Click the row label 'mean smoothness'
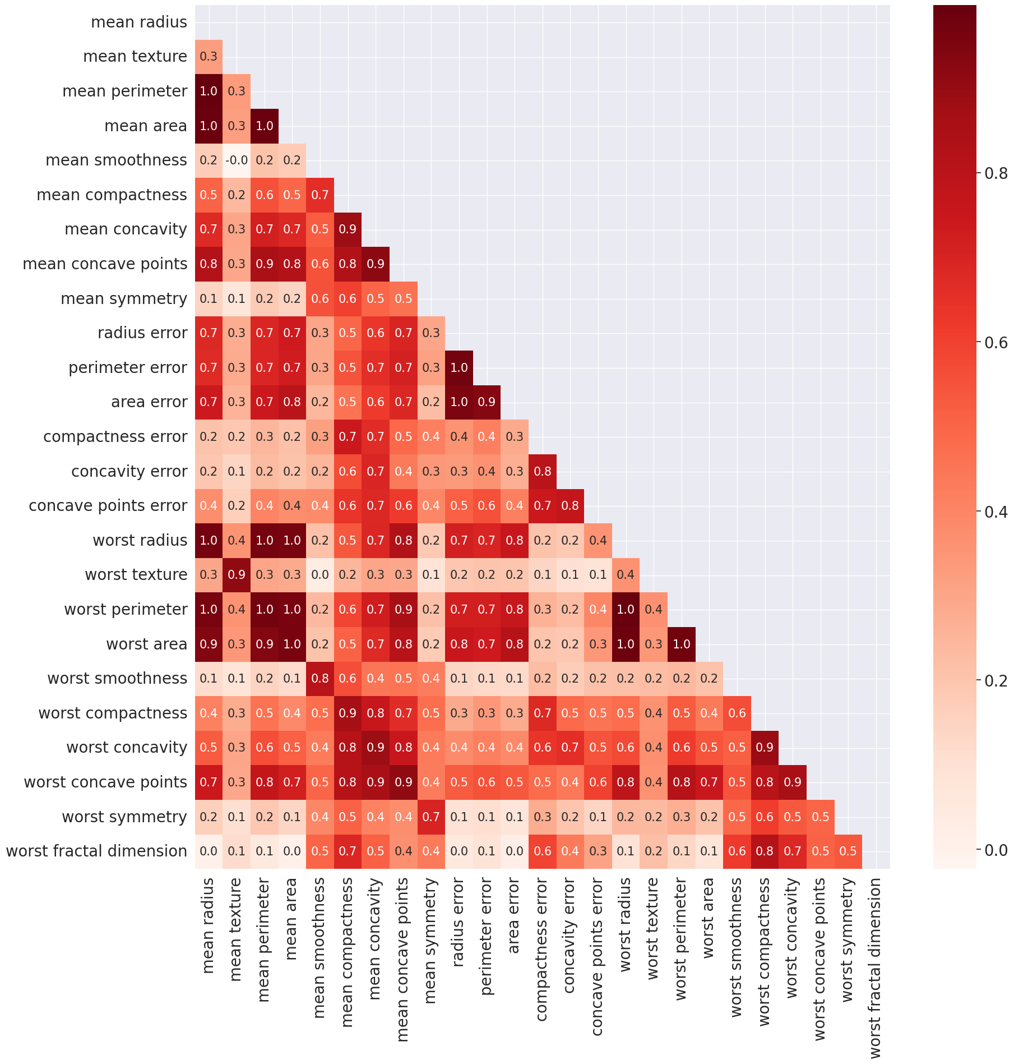click(x=116, y=160)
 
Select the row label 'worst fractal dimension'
click(x=96, y=851)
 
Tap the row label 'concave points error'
click(x=108, y=506)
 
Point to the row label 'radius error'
click(x=142, y=333)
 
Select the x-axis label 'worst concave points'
click(x=819, y=959)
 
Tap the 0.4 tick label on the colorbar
click(x=996, y=512)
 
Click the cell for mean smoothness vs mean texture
click(x=237, y=160)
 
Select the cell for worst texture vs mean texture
click(x=237, y=575)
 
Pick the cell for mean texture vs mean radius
click(x=209, y=57)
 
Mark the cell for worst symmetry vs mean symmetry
click(x=431, y=817)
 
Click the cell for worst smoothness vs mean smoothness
click(x=320, y=679)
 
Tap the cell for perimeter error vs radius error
click(x=459, y=368)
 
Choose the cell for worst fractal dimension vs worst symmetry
click(x=848, y=851)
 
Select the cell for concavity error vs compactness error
click(x=543, y=472)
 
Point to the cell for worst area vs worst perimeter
click(x=682, y=644)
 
